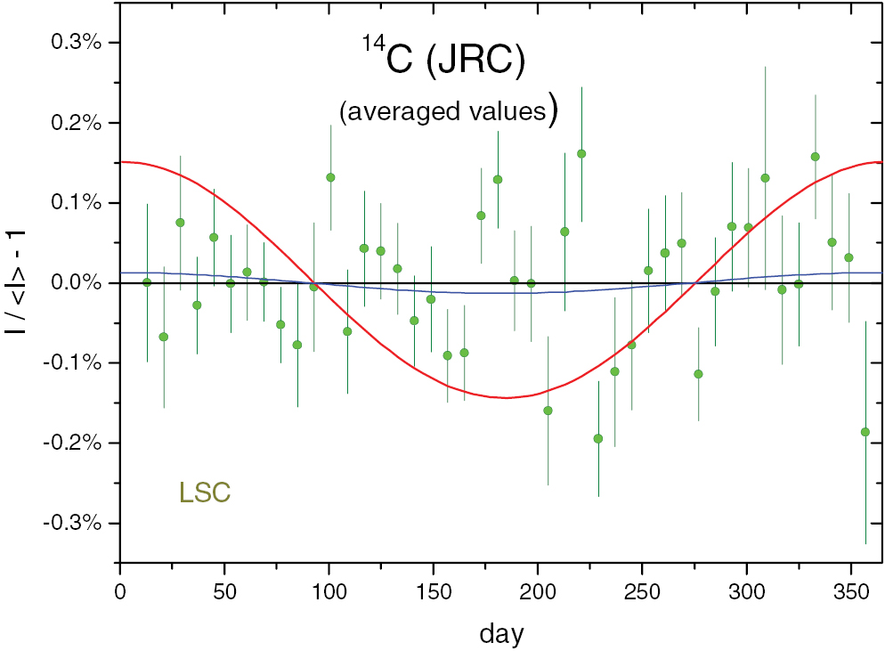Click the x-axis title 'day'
click(501, 633)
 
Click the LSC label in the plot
click(206, 492)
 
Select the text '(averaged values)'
click(449, 110)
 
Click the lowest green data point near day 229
click(598, 438)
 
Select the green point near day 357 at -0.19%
click(865, 432)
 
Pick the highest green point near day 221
click(581, 153)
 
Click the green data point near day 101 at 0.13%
click(330, 177)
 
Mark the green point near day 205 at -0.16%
click(548, 411)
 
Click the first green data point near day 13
click(147, 282)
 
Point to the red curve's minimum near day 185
click(507, 397)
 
